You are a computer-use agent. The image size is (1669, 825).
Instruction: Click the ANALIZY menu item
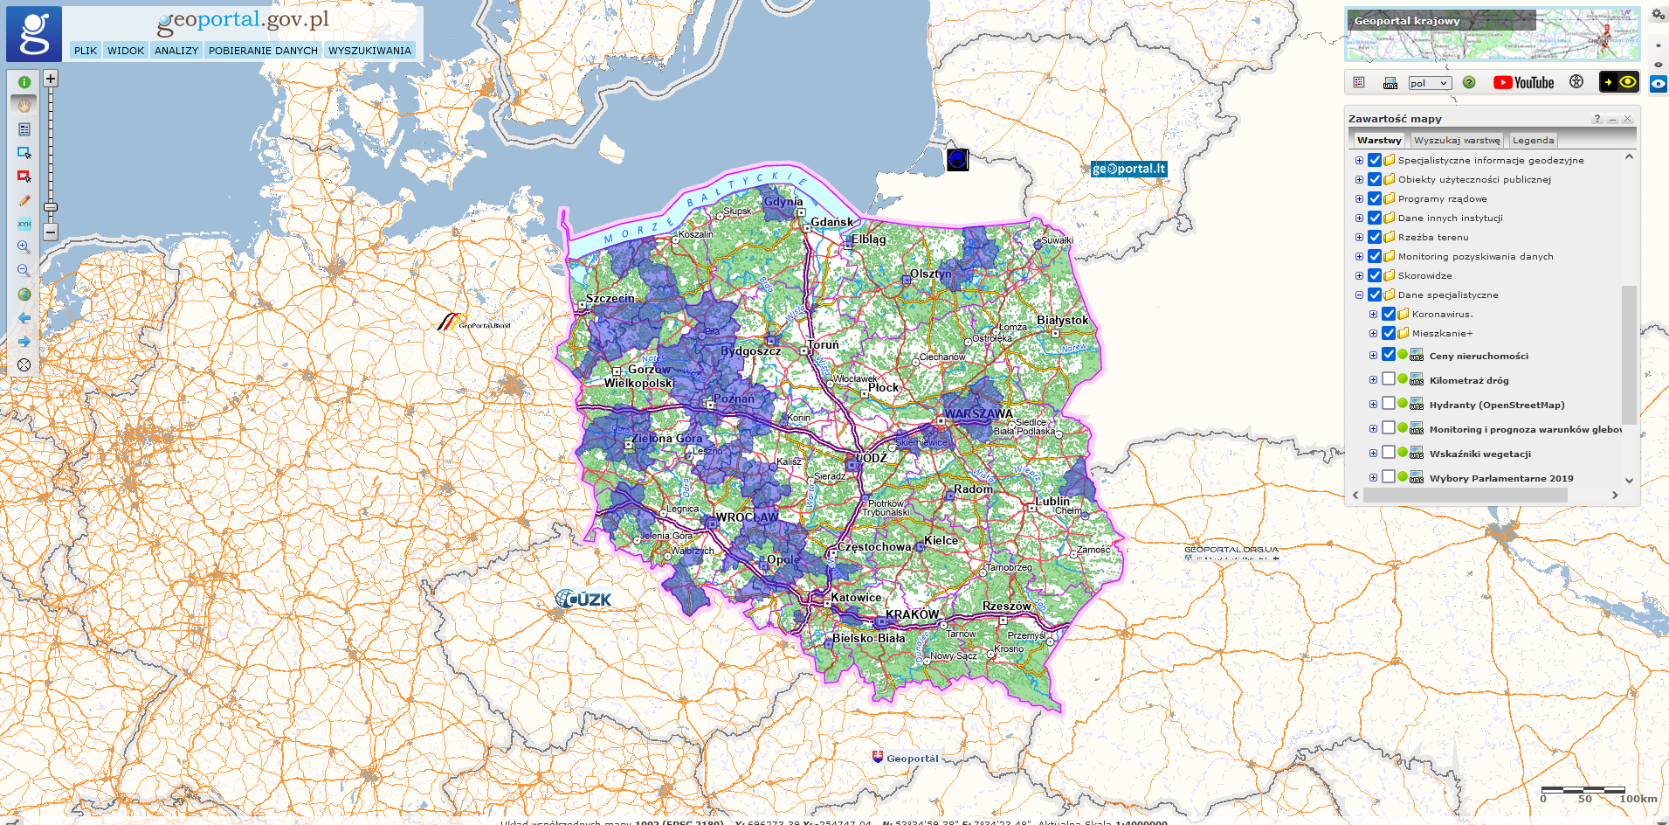point(176,51)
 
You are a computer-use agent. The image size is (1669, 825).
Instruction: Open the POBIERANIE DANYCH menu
point(263,51)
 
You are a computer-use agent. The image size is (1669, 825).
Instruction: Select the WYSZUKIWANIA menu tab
point(369,51)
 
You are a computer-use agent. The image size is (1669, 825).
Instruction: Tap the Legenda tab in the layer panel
point(1533,140)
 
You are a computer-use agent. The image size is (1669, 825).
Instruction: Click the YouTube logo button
point(1524,82)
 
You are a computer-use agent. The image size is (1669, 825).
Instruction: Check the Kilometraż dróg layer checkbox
point(1389,379)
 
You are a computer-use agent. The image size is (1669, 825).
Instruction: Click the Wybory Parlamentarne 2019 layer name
point(1500,478)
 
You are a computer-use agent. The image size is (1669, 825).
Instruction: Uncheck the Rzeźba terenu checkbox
point(1375,237)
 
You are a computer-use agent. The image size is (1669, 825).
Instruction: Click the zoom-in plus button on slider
point(51,79)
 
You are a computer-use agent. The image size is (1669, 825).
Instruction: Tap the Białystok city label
point(1062,320)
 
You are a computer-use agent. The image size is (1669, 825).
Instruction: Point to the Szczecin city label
point(610,298)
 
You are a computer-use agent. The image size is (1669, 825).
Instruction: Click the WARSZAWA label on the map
point(978,413)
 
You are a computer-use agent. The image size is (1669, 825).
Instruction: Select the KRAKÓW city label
point(912,614)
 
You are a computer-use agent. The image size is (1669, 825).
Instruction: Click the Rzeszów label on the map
point(1006,606)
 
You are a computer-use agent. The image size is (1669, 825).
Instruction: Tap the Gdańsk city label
point(831,222)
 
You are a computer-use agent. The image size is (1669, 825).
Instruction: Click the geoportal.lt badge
point(1128,169)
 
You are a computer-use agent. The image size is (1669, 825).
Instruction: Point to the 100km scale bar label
point(1638,799)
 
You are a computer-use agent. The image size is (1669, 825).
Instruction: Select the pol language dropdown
point(1429,83)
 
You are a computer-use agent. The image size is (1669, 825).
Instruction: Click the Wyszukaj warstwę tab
point(1457,140)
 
